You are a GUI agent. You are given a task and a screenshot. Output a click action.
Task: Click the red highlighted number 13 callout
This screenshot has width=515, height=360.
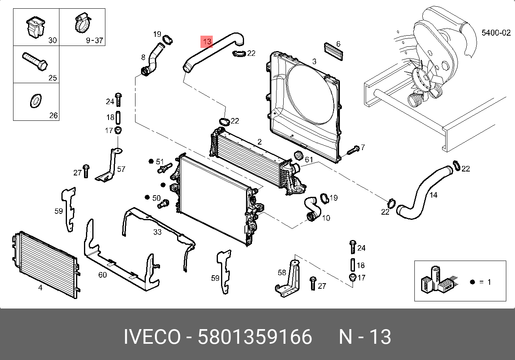[x=207, y=41]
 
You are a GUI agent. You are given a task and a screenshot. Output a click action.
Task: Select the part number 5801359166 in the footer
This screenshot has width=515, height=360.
[x=255, y=337]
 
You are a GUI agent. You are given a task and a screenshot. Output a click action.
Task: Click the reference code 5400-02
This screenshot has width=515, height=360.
[x=496, y=33]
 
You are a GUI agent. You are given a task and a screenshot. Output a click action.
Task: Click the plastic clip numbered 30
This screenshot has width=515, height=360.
[x=34, y=27]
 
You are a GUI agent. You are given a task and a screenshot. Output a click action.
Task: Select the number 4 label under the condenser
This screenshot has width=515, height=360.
[x=40, y=288]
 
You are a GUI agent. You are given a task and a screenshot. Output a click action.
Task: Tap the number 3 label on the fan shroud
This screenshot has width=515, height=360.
[x=314, y=62]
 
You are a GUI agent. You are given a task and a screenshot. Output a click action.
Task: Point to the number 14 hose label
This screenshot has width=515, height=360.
[x=433, y=195]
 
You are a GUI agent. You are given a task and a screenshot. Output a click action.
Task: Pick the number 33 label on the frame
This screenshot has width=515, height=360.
[x=157, y=232]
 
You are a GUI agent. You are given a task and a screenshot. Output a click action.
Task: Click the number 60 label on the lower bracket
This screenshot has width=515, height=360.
[x=102, y=274]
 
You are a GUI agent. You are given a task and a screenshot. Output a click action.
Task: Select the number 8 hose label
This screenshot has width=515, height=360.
[x=143, y=57]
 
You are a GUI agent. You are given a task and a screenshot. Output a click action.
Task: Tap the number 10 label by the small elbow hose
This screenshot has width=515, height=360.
[x=326, y=218]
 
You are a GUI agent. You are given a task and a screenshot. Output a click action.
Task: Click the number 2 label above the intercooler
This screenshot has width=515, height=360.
[x=259, y=142]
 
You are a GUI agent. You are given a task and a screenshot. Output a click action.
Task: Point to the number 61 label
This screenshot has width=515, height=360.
[x=309, y=160]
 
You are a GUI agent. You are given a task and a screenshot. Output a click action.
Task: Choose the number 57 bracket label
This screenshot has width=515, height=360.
[x=121, y=169]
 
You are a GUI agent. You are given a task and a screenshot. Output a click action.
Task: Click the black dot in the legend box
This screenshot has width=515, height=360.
[x=472, y=282]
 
